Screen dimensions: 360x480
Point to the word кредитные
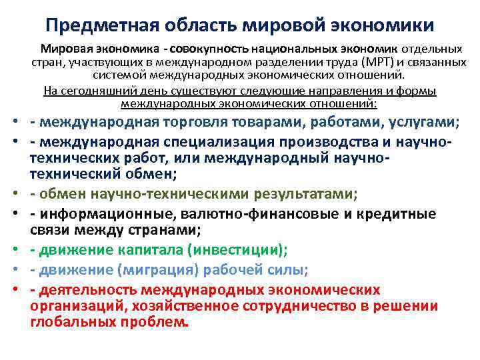click(x=398, y=214)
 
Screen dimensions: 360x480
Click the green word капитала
click(x=141, y=250)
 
